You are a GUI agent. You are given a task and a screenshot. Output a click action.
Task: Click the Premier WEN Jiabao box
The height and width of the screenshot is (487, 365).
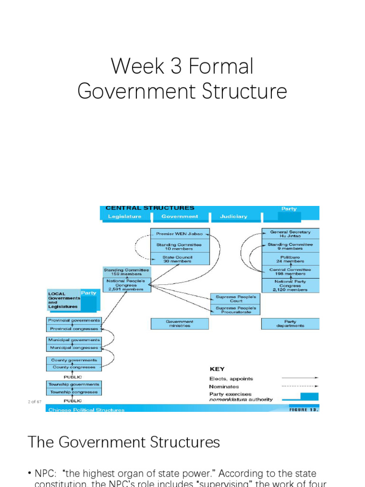pyautogui.click(x=179, y=234)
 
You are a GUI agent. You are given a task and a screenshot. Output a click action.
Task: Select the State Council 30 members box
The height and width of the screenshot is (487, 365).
pyautogui.click(x=179, y=259)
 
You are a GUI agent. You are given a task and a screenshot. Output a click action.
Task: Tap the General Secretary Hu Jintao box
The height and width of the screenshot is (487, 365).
pyautogui.click(x=290, y=234)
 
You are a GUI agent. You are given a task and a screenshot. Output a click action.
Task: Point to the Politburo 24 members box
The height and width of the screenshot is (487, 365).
pyautogui.click(x=290, y=259)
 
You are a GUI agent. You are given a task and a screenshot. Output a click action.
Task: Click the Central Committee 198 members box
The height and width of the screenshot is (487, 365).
pyautogui.click(x=290, y=272)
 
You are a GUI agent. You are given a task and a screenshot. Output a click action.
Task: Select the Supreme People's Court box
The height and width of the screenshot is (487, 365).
pyautogui.click(x=235, y=299)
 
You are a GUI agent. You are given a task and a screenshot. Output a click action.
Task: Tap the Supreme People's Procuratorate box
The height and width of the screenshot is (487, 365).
pyautogui.click(x=235, y=310)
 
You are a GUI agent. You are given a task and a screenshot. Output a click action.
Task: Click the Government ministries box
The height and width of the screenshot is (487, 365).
pyautogui.click(x=179, y=324)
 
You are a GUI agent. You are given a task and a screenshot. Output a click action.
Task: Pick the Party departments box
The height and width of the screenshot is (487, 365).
pyautogui.click(x=290, y=324)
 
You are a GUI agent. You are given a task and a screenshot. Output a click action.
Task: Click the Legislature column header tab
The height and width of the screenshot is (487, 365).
pyautogui.click(x=125, y=216)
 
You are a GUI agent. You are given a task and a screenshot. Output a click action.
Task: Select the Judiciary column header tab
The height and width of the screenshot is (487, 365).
pyautogui.click(x=234, y=216)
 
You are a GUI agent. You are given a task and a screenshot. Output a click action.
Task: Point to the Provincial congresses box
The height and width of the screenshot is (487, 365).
pyautogui.click(x=74, y=329)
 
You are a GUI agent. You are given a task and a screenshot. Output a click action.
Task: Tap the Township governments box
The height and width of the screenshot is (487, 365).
pyautogui.click(x=74, y=384)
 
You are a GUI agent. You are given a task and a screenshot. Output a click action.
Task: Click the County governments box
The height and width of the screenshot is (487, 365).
pyautogui.click(x=74, y=360)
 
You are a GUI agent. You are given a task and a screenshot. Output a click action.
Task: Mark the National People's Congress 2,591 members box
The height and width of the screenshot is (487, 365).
pyautogui.click(x=126, y=284)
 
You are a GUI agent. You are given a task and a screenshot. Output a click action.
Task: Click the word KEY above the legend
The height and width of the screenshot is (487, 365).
pyautogui.click(x=217, y=369)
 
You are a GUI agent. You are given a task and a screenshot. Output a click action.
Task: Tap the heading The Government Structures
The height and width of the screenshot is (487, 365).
pyautogui.click(x=124, y=442)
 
